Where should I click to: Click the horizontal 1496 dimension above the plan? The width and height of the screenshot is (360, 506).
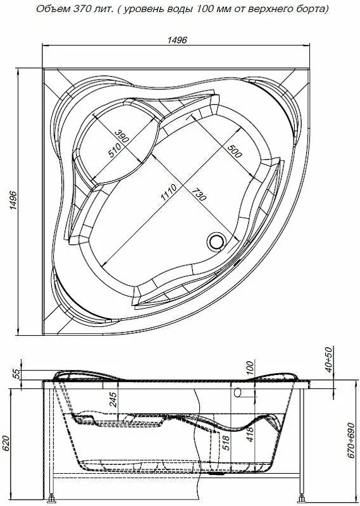pyautogui.click(x=177, y=40)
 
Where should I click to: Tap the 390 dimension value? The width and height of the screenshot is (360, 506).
pyautogui.click(x=121, y=137)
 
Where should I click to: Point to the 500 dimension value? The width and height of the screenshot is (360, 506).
pyautogui.click(x=234, y=151)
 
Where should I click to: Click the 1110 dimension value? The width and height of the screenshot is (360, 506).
pyautogui.click(x=169, y=193)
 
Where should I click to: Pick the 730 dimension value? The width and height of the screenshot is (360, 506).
pyautogui.click(x=199, y=194)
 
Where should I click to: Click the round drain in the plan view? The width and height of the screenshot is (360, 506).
pyautogui.click(x=215, y=241)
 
